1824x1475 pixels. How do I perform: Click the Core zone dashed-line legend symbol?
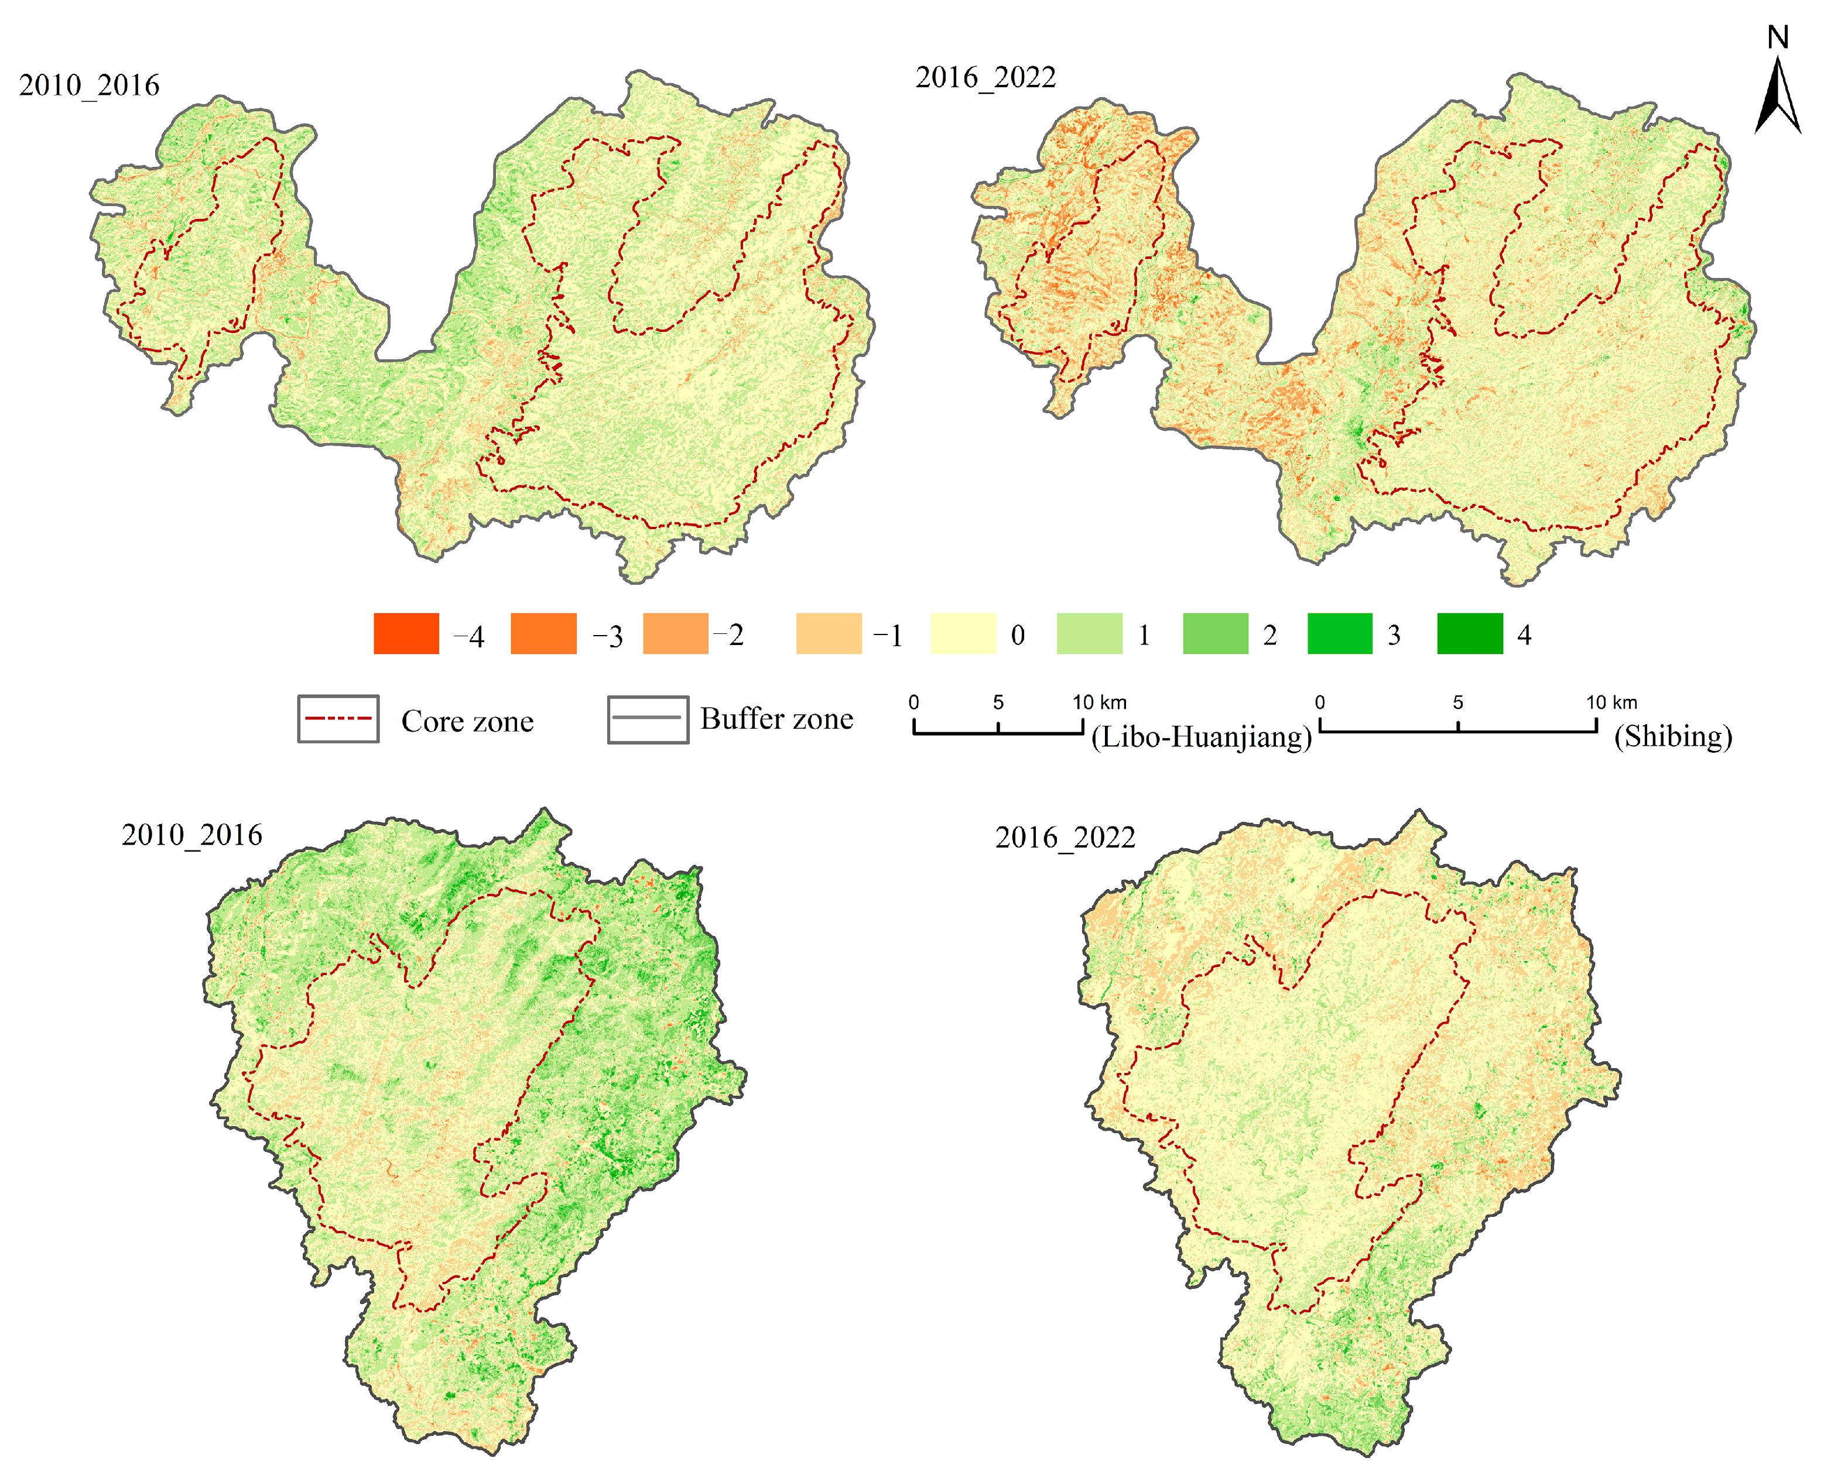(338, 719)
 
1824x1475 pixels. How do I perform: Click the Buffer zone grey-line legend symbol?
(648, 719)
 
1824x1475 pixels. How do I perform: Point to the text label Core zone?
(467, 721)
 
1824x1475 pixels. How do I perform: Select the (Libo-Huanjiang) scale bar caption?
(1201, 737)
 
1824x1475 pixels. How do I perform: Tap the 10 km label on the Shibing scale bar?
(1611, 702)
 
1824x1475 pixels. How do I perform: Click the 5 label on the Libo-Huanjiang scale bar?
(998, 702)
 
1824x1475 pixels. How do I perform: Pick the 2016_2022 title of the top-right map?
(985, 77)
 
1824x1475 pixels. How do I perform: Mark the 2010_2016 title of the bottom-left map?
(192, 835)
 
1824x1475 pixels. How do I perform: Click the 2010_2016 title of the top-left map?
(89, 85)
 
